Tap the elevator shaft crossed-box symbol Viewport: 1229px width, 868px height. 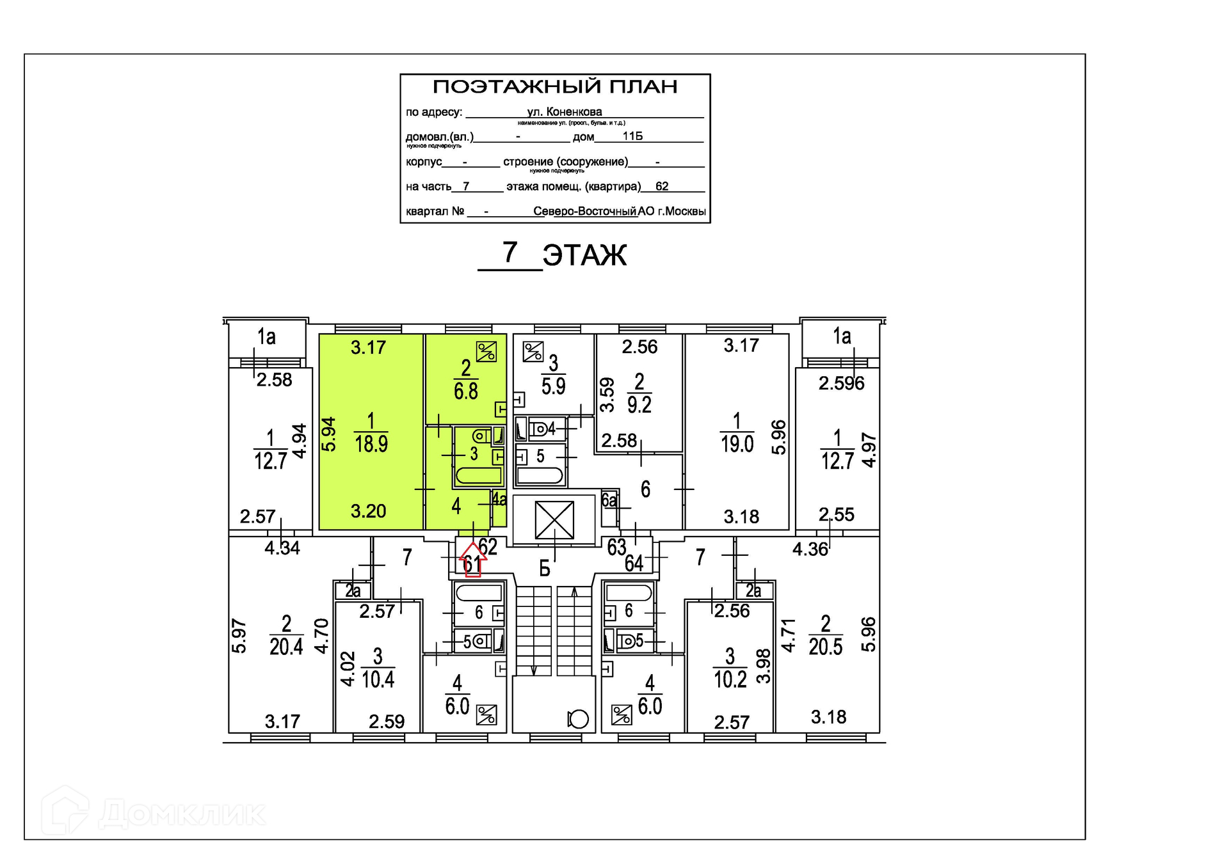[554, 519]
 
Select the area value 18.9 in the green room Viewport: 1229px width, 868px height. [371, 443]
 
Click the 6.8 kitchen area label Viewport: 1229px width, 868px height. [466, 391]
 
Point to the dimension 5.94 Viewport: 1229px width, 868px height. [328, 434]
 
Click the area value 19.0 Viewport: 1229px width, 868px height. [737, 443]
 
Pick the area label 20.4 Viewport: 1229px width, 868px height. [286, 647]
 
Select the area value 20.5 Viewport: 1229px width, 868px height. [825, 647]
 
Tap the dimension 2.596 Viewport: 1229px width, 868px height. [841, 383]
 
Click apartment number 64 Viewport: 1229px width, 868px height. [634, 563]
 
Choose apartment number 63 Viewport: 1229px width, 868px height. [616, 547]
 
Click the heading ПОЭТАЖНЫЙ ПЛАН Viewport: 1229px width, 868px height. [555, 86]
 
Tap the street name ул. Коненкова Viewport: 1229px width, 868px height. [564, 112]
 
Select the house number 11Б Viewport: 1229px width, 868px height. [632, 136]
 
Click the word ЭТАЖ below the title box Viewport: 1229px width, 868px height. [584, 255]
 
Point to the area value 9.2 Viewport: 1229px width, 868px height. [639, 405]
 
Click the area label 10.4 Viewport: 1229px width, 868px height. [378, 679]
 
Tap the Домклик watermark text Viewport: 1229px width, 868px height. [182, 814]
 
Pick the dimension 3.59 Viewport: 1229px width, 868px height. [607, 395]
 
